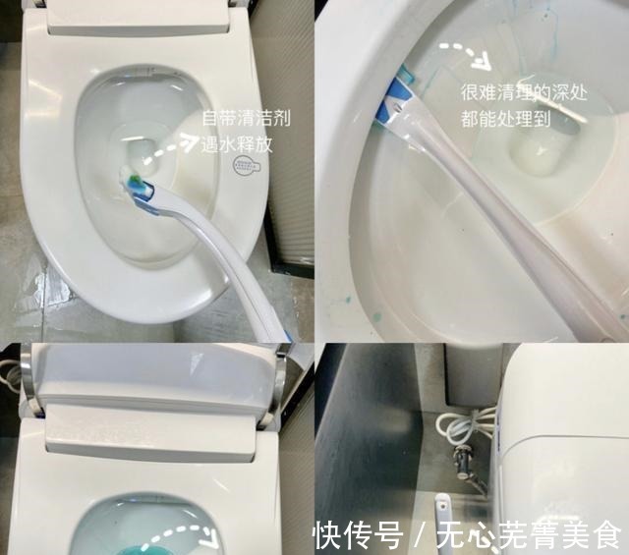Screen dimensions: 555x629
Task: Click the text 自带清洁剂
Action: coord(246,119)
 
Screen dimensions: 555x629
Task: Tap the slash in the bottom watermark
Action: coord(421,535)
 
